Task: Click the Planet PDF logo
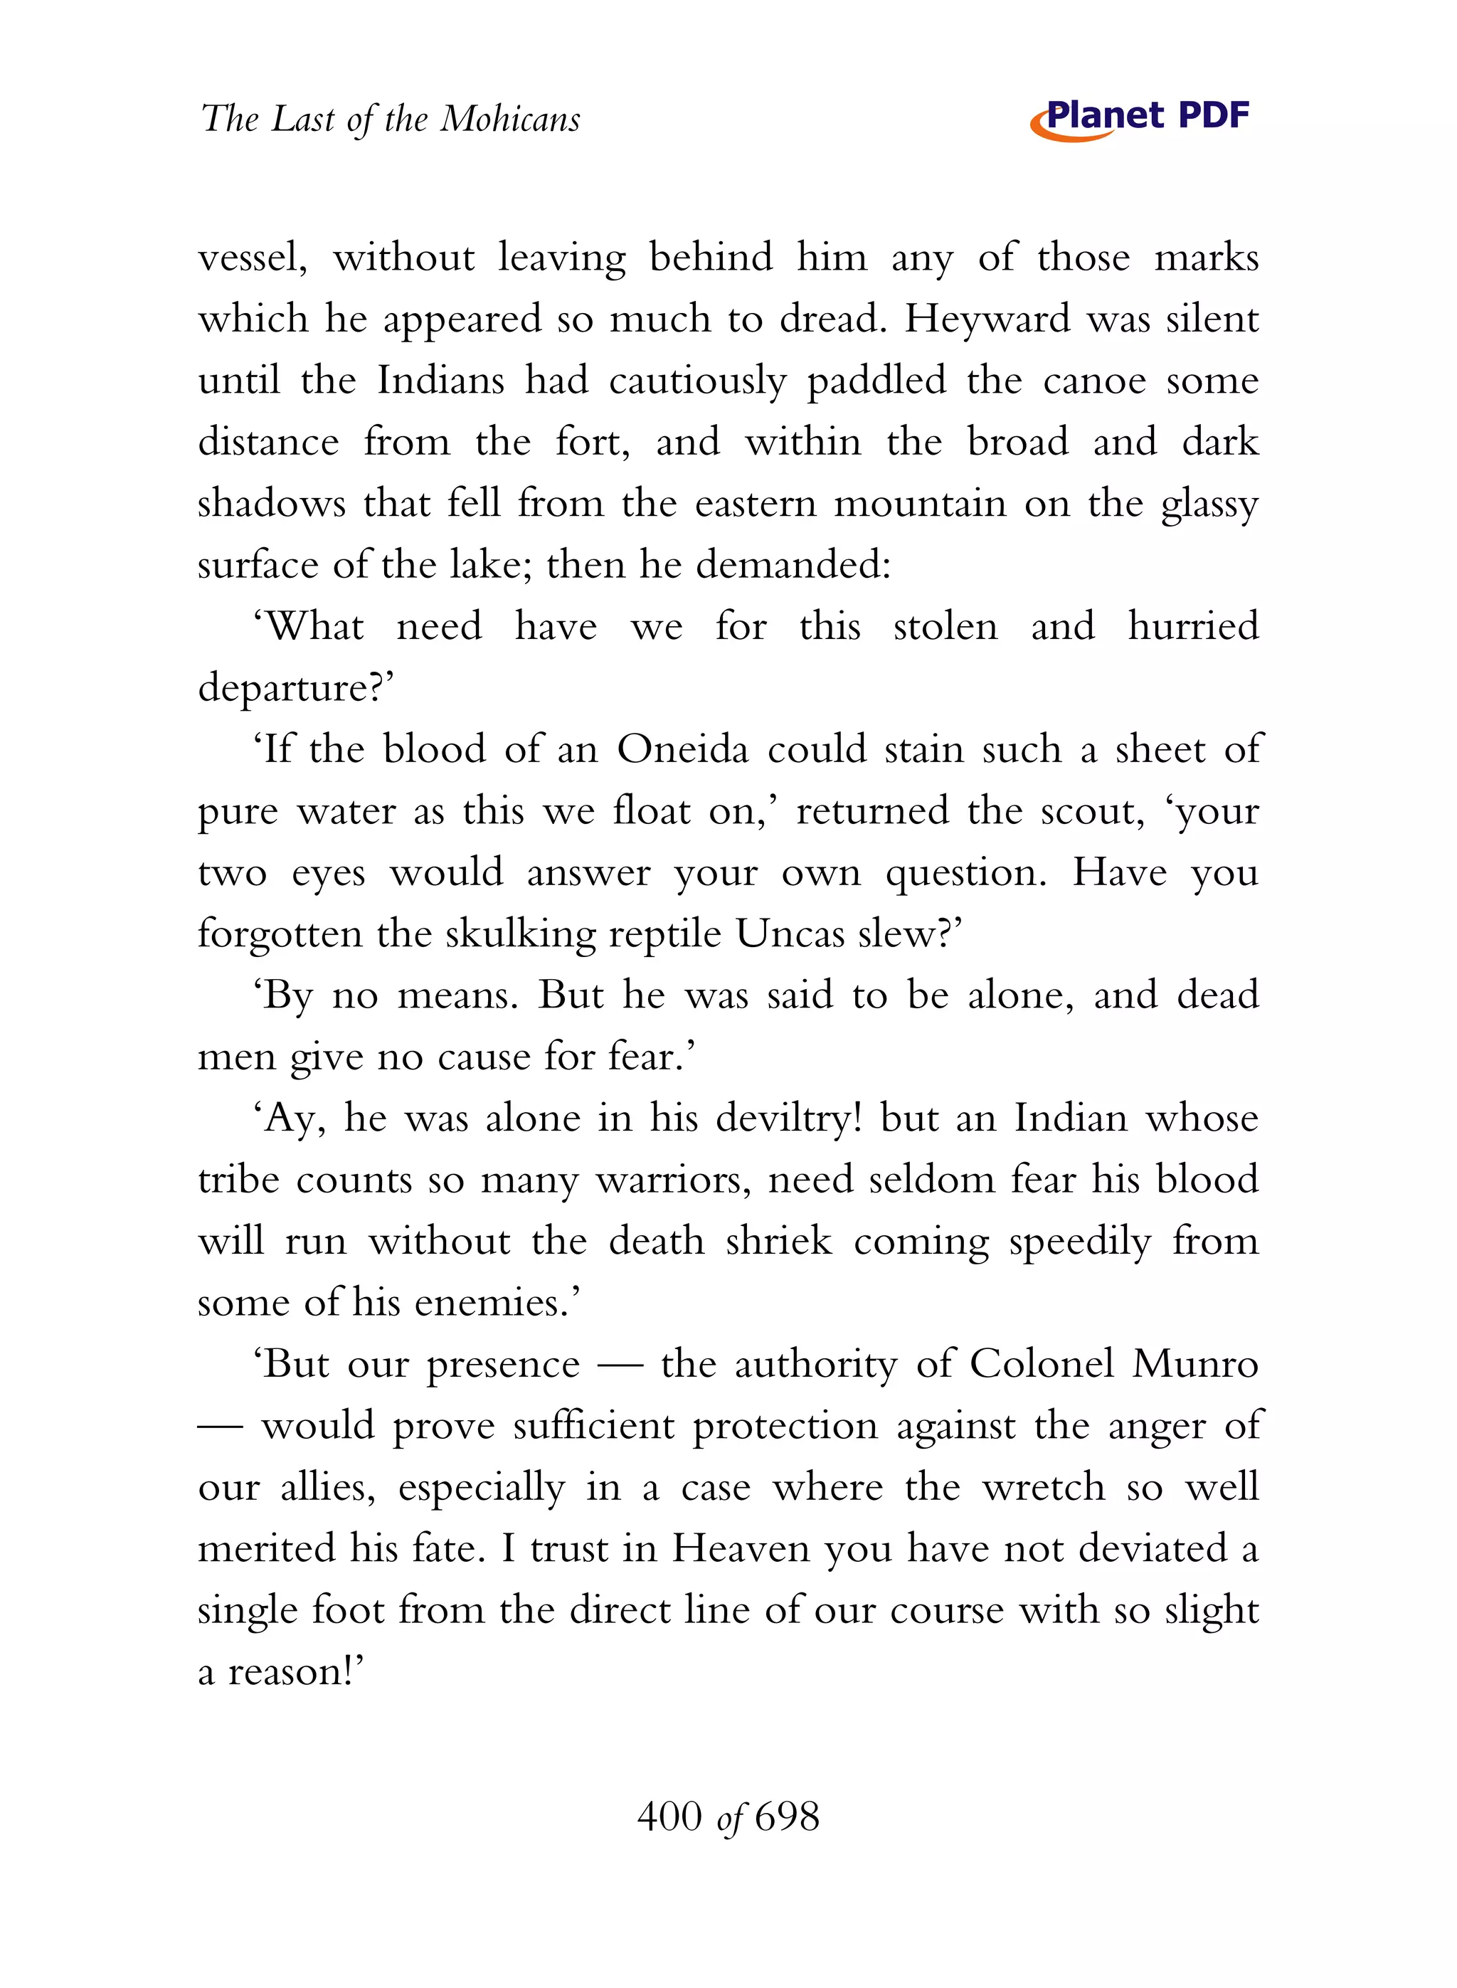(x=1140, y=117)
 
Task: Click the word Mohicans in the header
(x=510, y=119)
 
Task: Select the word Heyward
(x=987, y=319)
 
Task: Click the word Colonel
(x=1042, y=1365)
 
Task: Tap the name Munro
(x=1195, y=1365)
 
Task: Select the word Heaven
(x=741, y=1550)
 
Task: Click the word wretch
(x=1044, y=1488)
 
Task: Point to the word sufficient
(x=593, y=1426)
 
